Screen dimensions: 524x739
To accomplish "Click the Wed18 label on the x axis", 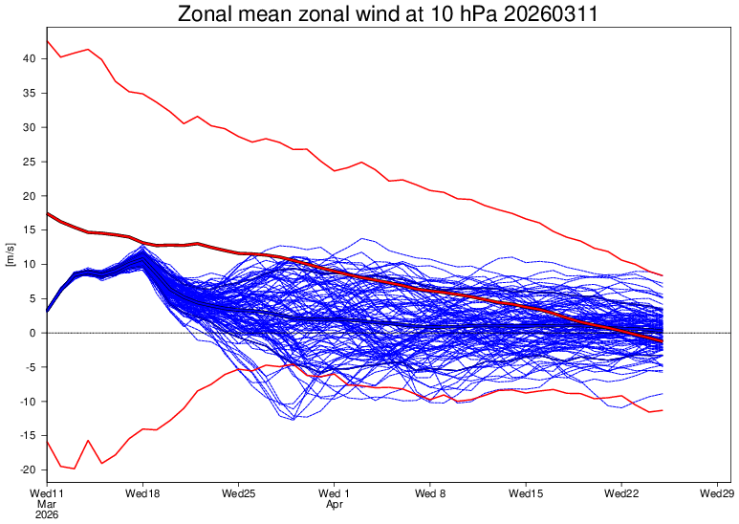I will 142,493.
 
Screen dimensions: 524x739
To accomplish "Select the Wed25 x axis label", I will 238,493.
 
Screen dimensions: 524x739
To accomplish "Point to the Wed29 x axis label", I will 717,493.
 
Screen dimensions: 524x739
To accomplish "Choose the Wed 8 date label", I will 430,493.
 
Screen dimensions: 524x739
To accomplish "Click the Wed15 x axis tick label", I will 526,493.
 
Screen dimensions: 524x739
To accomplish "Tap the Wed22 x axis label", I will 621,493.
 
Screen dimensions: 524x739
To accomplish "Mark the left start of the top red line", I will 47,41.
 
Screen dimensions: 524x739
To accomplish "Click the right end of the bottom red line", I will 663,410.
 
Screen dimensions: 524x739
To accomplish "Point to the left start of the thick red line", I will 47,213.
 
